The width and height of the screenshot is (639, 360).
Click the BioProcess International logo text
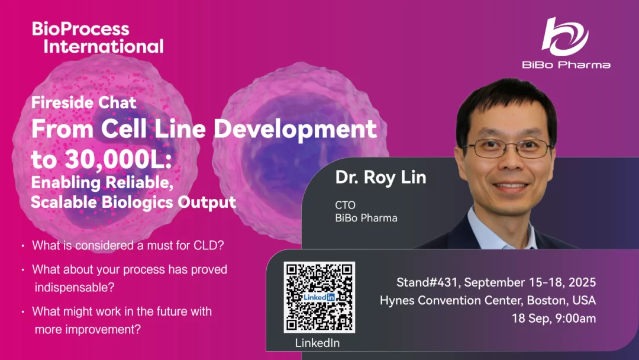click(98, 37)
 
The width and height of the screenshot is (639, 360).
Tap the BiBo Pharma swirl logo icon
click(565, 37)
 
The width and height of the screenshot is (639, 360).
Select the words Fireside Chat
click(84, 102)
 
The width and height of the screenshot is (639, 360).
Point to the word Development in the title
click(295, 130)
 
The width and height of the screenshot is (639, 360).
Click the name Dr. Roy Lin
click(380, 178)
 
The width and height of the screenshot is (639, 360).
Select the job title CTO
click(345, 205)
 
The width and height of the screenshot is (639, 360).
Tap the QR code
click(319, 297)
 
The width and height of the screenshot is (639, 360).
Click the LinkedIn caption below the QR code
click(318, 343)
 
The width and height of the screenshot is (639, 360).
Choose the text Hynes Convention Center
click(451, 300)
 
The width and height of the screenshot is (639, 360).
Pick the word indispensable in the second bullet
click(75, 287)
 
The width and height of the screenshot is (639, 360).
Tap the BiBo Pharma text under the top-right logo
click(566, 65)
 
